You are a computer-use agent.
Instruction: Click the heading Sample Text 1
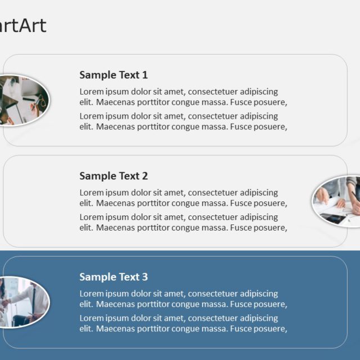[x=114, y=75]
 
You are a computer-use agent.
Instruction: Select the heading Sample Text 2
[x=114, y=176]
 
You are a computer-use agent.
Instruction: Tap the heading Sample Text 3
[x=114, y=277]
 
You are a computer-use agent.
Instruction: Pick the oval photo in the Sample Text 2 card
[x=337, y=201]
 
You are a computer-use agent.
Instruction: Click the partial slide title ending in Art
[x=22, y=25]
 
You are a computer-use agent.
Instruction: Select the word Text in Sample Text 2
[x=129, y=176]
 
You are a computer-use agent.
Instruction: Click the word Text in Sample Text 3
[x=129, y=277]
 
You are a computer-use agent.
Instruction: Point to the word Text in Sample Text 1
[x=129, y=75]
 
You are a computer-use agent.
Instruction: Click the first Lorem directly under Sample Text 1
[x=92, y=92]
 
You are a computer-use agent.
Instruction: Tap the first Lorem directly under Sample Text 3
[x=92, y=294]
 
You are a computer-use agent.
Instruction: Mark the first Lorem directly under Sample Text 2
[x=92, y=193]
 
